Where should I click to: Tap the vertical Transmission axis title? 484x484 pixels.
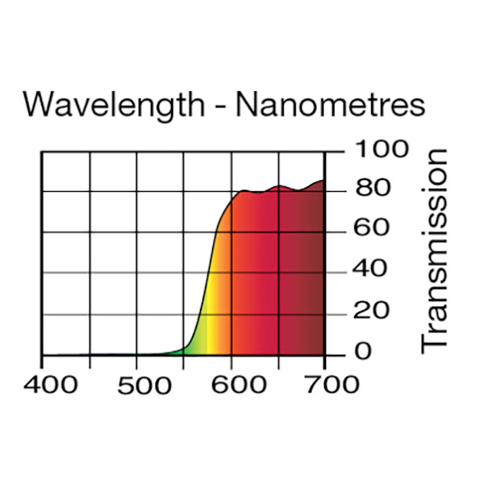tap(435, 249)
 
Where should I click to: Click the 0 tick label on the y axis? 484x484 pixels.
tap(364, 352)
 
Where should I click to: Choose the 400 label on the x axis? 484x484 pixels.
tap(51, 384)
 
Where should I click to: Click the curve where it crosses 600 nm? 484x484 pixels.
tap(232, 198)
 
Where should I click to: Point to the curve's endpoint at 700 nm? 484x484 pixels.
tap(324, 181)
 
